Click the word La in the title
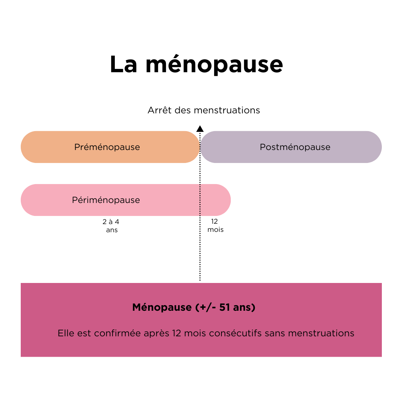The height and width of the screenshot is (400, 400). (x=123, y=64)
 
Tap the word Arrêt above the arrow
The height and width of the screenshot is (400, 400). (x=160, y=110)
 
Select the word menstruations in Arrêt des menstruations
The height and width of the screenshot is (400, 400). (x=227, y=110)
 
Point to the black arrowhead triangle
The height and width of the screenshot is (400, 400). (x=200, y=129)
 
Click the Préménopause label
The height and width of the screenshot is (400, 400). (x=107, y=147)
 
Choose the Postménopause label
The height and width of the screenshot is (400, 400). (x=295, y=147)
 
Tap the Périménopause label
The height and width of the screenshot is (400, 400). (x=106, y=200)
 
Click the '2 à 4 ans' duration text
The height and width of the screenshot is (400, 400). (x=111, y=226)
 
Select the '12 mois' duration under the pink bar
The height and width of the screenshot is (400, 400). (x=215, y=226)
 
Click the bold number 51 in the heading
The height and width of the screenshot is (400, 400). (x=224, y=307)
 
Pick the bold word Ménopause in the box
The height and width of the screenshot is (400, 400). (x=162, y=307)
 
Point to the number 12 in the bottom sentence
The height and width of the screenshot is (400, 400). (x=177, y=333)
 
